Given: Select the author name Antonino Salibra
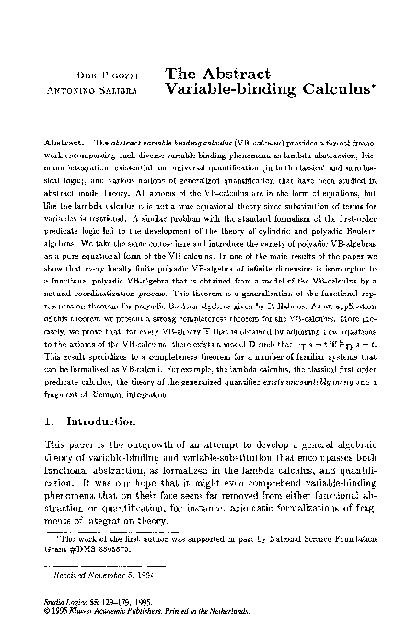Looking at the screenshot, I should point(103,91).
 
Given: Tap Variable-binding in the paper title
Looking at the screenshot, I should point(218,90).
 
